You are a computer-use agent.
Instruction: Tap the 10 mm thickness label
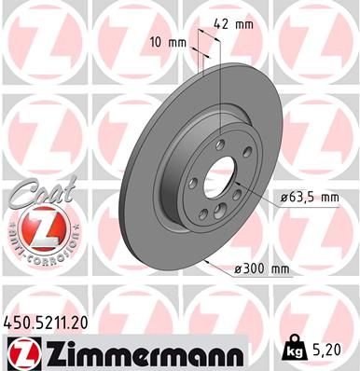tap(167, 42)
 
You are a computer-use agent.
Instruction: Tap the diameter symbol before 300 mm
tap(238, 269)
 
